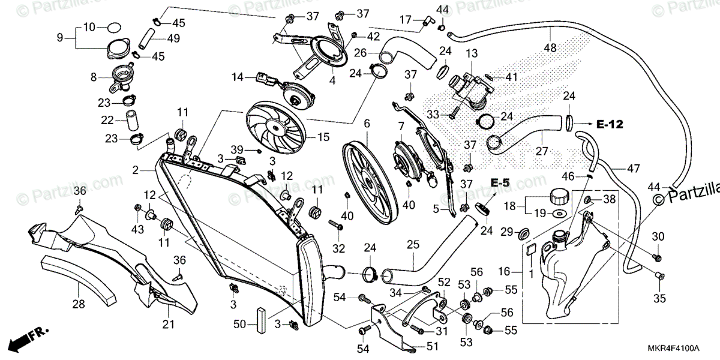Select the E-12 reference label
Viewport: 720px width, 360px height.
click(610, 125)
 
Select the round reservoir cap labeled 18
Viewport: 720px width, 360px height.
click(559, 197)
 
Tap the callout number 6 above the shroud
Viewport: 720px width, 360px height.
click(367, 124)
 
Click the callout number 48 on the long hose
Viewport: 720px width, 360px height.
click(550, 48)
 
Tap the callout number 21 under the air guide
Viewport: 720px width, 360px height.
click(169, 325)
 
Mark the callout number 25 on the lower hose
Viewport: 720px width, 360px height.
click(412, 245)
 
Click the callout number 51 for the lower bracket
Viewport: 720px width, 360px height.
click(433, 346)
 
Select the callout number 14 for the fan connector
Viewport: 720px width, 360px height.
click(238, 77)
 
